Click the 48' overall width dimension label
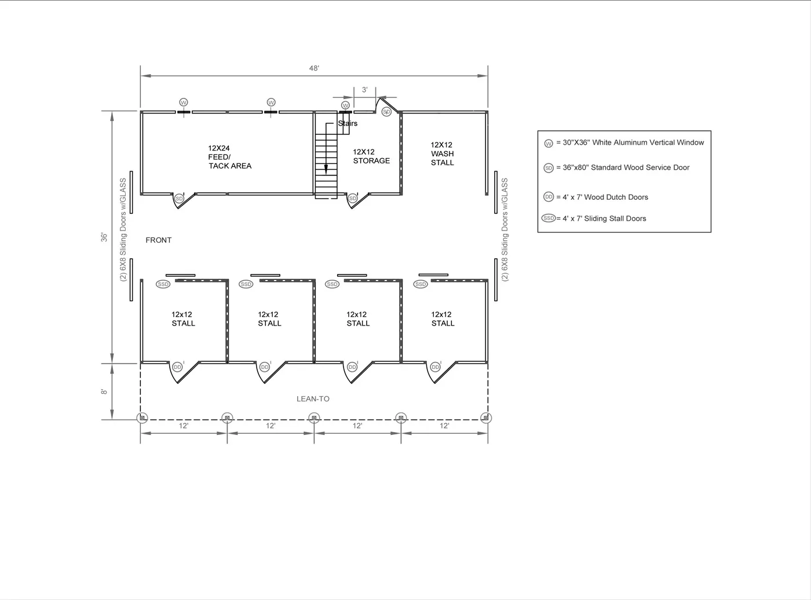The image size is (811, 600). click(314, 68)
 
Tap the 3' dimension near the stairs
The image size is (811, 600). click(364, 90)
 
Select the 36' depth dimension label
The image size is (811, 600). click(104, 237)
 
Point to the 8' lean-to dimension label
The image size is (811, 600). click(104, 392)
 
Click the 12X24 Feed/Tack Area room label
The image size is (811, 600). click(229, 157)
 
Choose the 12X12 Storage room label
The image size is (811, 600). click(371, 156)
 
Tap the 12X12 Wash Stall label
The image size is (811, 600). click(442, 153)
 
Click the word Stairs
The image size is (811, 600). click(348, 123)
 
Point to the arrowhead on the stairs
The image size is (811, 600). click(326, 170)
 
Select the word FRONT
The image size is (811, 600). click(158, 240)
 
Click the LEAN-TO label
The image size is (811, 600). click(313, 399)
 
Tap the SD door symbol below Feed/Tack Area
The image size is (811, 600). click(179, 199)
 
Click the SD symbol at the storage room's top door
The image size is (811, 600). click(386, 112)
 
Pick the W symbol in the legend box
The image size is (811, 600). click(549, 143)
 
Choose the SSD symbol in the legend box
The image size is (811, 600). click(549, 218)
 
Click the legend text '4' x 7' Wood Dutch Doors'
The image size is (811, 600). click(605, 197)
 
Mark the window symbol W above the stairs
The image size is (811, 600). click(345, 105)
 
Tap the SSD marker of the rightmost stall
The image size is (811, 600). click(421, 284)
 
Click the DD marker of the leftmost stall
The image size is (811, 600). click(177, 367)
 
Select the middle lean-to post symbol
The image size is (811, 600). click(314, 418)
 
